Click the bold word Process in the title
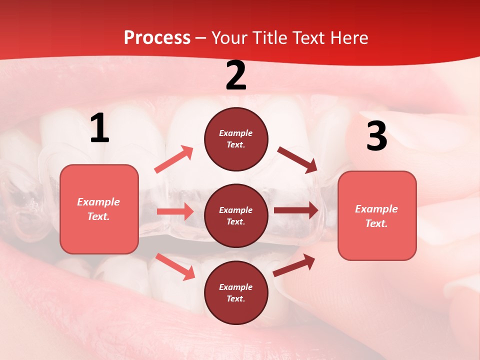click(x=157, y=38)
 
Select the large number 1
click(x=99, y=129)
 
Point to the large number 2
click(x=236, y=76)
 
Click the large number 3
click(x=376, y=136)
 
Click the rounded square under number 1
click(x=99, y=209)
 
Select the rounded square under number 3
click(x=377, y=215)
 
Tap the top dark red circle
click(x=236, y=139)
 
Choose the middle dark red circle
click(x=236, y=215)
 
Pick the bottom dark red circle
click(x=236, y=292)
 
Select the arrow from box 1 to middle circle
click(x=175, y=211)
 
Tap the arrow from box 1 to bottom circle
click(x=175, y=266)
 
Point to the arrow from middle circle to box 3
click(x=296, y=210)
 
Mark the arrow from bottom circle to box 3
click(x=294, y=265)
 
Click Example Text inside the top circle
click(x=236, y=139)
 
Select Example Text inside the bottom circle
click(x=236, y=292)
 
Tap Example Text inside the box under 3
click(x=376, y=216)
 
